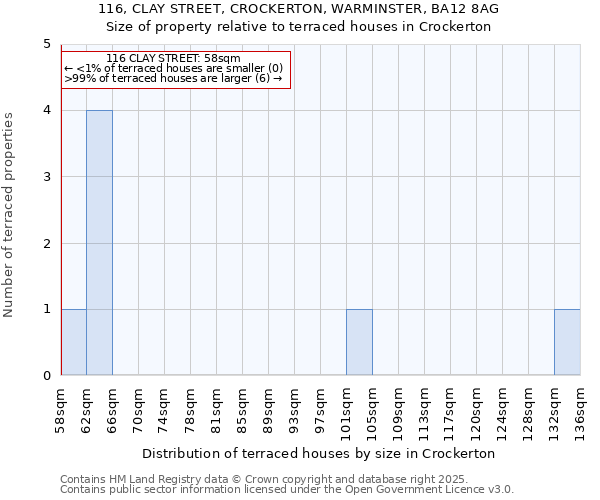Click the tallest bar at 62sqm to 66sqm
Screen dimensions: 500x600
(99, 243)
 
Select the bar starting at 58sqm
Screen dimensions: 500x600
(73, 342)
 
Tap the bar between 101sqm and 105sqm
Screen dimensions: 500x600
(359, 342)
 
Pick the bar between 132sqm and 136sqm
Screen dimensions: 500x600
(567, 342)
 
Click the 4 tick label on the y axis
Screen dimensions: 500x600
(47, 111)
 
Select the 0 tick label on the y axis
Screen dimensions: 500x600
(47, 376)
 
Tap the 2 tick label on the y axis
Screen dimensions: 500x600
(47, 244)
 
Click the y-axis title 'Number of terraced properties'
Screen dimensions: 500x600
(10, 215)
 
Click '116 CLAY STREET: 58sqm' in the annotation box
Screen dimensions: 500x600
(173, 59)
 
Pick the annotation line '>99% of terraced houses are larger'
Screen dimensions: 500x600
(173, 79)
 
